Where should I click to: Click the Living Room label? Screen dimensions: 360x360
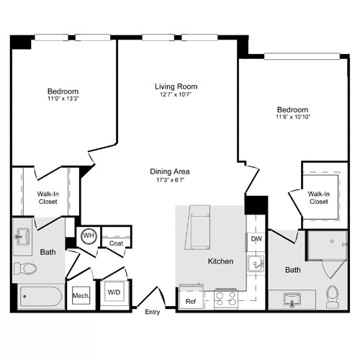coord(176,86)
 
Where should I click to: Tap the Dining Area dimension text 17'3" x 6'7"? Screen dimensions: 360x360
coord(170,181)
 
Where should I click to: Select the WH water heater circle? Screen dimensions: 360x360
coord(89,235)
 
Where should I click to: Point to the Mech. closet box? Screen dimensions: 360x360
coord(79,296)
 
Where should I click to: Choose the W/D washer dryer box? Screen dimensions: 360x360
coord(114,292)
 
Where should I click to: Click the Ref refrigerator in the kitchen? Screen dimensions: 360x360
coord(191,301)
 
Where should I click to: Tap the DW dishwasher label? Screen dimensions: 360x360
coord(256,239)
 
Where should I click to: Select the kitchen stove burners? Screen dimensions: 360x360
coord(225,298)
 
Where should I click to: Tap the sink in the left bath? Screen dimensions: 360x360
coord(22,235)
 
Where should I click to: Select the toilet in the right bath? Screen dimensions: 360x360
coord(332,296)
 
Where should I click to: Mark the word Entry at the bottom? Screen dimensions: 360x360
coord(153,312)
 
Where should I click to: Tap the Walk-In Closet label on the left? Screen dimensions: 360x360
coord(48,197)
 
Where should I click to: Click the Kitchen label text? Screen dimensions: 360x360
coord(220,261)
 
